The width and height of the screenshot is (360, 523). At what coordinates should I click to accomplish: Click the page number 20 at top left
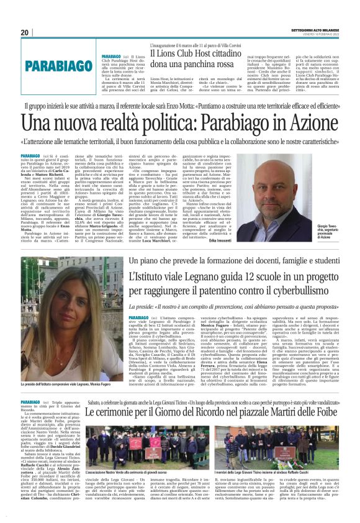coord(25,33)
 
